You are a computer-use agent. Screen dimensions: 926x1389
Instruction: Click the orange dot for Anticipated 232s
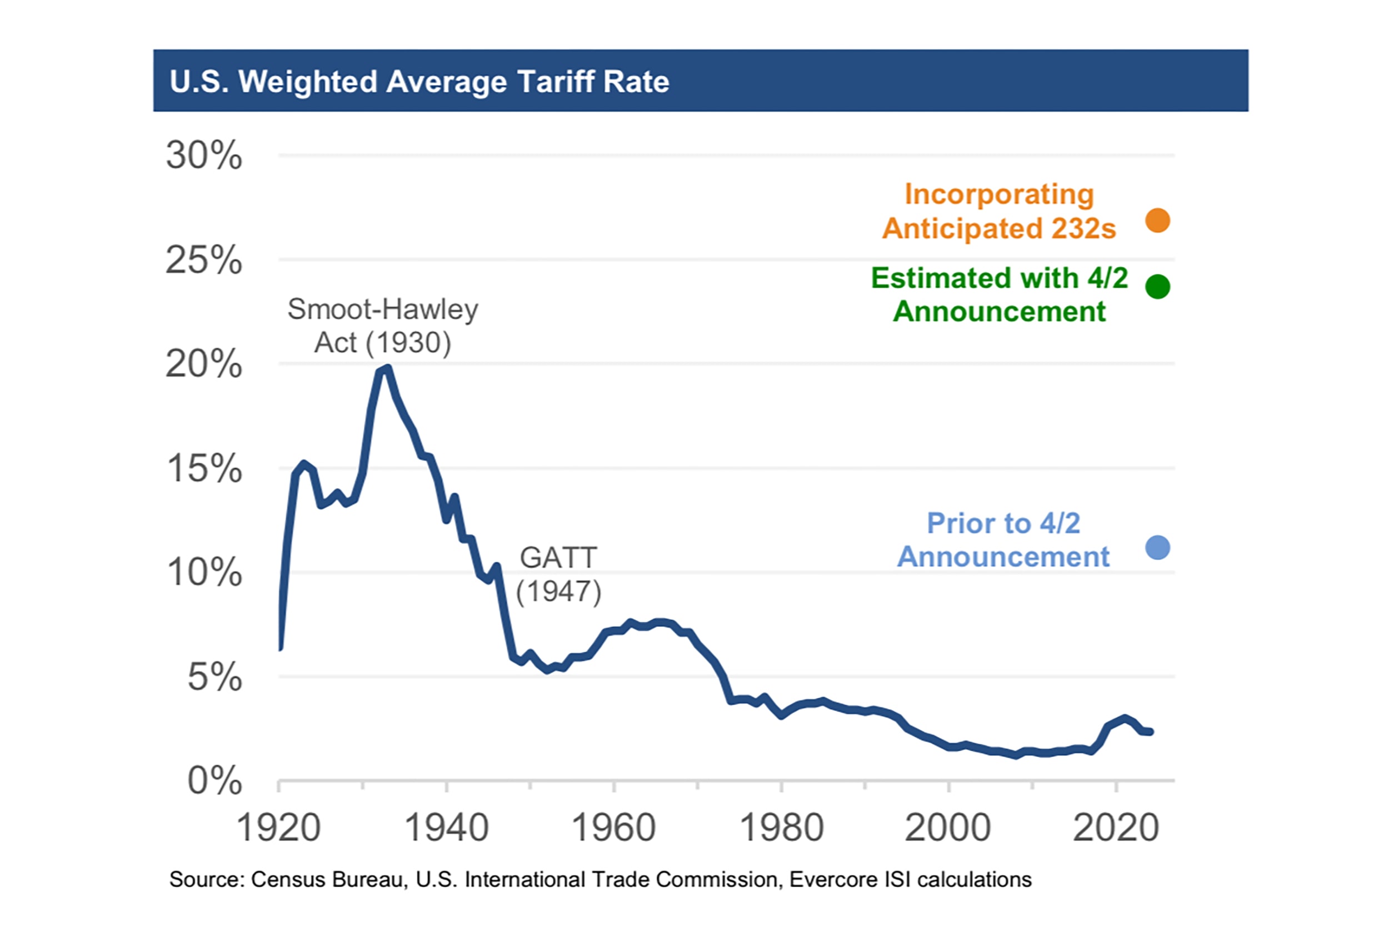tap(1157, 221)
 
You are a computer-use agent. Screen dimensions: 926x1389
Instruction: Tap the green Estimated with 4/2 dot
tap(1157, 287)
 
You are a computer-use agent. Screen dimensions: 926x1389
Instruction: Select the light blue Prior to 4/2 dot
tap(1157, 548)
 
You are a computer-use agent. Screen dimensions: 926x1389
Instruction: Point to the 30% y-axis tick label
tap(204, 156)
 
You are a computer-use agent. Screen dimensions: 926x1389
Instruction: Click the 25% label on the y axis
tap(204, 260)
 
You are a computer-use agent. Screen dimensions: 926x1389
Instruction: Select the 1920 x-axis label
tap(278, 828)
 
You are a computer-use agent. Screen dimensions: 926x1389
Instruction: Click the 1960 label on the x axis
tap(613, 828)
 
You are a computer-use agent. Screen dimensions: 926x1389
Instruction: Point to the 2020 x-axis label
tap(1116, 828)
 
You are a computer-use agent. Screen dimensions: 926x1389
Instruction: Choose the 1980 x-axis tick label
tap(781, 828)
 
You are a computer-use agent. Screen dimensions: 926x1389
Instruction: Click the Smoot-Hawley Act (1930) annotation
tap(383, 326)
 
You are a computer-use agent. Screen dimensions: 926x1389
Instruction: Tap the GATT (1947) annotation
tap(559, 574)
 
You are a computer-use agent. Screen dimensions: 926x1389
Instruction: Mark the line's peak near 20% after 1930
tap(387, 368)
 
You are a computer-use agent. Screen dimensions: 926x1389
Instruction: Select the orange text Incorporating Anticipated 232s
tap(999, 212)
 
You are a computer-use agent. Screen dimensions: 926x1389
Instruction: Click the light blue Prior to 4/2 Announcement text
tap(1003, 540)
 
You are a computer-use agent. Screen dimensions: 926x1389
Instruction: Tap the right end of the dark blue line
tap(1150, 732)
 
